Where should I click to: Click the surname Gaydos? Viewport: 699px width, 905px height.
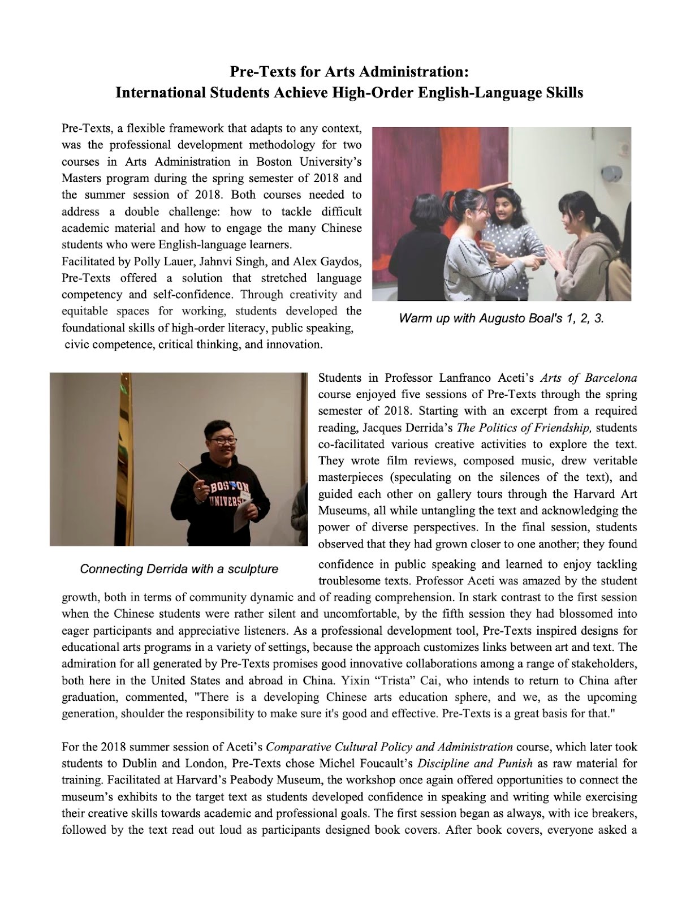tap(341, 261)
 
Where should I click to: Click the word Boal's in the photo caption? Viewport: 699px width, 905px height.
tap(545, 318)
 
